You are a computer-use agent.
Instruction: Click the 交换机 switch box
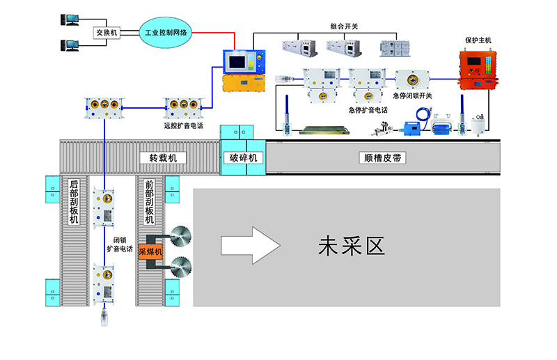tap(107, 32)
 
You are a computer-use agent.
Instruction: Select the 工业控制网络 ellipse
tap(164, 33)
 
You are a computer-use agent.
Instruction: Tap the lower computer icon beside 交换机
tap(70, 45)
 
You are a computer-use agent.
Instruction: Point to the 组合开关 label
tap(343, 26)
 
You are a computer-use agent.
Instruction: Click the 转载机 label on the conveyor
tap(163, 158)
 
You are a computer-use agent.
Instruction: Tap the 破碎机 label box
tap(244, 158)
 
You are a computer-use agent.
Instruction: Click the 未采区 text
tap(351, 246)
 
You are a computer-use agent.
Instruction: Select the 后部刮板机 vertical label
tap(74, 202)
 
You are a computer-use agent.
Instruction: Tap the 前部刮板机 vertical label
tap(149, 202)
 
